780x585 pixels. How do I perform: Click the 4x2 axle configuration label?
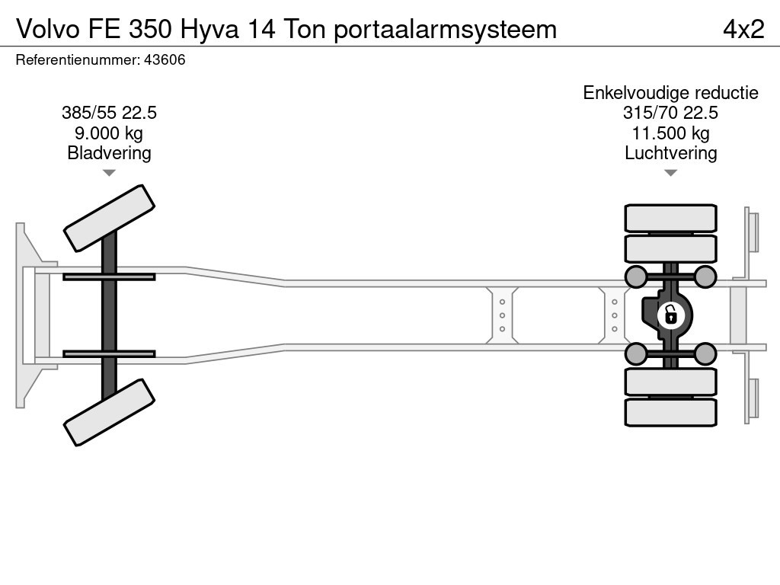tap(743, 29)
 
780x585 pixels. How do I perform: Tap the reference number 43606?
tap(165, 60)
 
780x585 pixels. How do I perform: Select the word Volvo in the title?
tap(48, 29)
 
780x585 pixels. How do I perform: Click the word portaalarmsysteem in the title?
tap(445, 30)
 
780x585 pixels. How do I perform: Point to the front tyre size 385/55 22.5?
tap(109, 113)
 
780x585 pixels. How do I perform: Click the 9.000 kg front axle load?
tap(109, 133)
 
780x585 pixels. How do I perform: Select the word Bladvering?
tap(109, 153)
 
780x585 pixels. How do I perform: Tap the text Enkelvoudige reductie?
tap(670, 93)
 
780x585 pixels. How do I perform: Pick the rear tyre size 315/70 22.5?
tap(670, 113)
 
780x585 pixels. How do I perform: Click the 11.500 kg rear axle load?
tap(670, 133)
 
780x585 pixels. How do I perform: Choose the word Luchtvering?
tap(670, 153)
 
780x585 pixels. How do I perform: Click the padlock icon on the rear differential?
tap(670, 315)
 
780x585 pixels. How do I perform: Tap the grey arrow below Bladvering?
tap(109, 173)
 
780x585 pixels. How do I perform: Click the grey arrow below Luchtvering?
tap(670, 173)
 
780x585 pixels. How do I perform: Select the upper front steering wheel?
tap(110, 219)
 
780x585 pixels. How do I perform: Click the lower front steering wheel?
tap(110, 412)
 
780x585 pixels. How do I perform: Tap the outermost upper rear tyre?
tap(670, 218)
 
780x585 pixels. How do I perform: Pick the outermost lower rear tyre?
tap(670, 412)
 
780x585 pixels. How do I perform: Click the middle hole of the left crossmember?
tap(502, 315)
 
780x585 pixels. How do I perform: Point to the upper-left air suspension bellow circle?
tap(636, 277)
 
